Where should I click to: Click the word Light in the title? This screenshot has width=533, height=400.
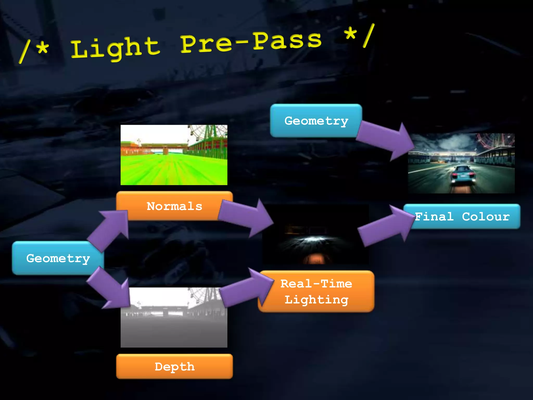click(115, 48)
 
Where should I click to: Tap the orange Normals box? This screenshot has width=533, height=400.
click(174, 206)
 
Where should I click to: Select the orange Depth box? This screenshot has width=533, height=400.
click(174, 366)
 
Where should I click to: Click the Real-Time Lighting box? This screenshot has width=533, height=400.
click(316, 291)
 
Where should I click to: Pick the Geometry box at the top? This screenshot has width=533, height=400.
click(316, 121)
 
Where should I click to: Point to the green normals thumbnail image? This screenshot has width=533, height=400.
click(174, 155)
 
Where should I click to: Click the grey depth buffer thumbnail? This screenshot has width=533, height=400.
click(174, 317)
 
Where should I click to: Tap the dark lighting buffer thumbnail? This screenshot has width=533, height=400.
click(315, 234)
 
